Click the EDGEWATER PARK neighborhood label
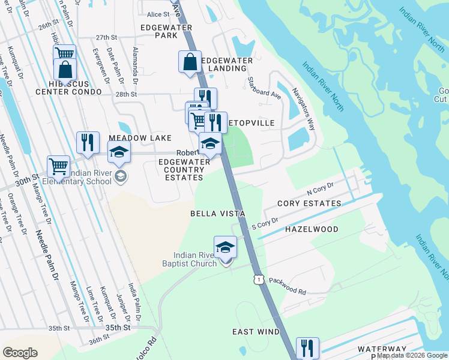pyautogui.click(x=166, y=32)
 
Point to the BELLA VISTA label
pyautogui.click(x=217, y=214)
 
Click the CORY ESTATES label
pyautogui.click(x=309, y=203)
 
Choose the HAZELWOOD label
pyautogui.click(x=312, y=229)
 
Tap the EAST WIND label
pyautogui.click(x=256, y=332)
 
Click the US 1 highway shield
pyautogui.click(x=258, y=280)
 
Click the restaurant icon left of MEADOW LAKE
pyautogui.click(x=88, y=143)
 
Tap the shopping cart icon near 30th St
pyautogui.click(x=58, y=166)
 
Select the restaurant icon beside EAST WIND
pyautogui.click(x=307, y=347)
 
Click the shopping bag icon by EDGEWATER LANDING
pyautogui.click(x=190, y=61)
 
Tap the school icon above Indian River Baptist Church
pyautogui.click(x=226, y=247)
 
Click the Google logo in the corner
pyautogui.click(x=20, y=353)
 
